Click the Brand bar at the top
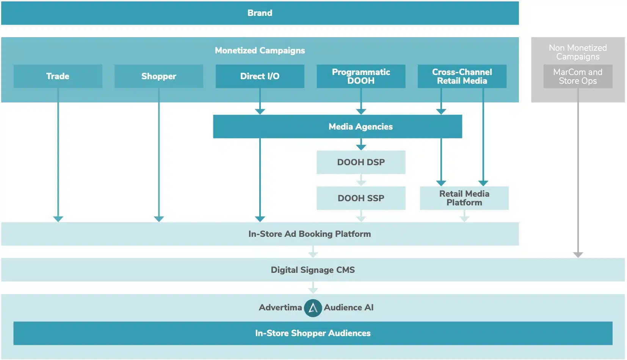click(260, 13)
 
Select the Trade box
click(58, 76)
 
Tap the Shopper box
click(158, 76)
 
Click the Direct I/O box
click(260, 76)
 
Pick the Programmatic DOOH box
click(361, 76)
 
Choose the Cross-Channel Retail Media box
click(462, 76)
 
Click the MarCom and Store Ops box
click(577, 76)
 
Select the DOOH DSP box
click(361, 162)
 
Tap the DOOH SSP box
click(361, 198)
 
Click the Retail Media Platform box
click(464, 198)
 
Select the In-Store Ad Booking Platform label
click(309, 234)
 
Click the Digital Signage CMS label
click(313, 270)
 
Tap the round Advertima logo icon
click(313, 308)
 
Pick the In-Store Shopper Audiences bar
click(313, 333)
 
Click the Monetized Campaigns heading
click(260, 50)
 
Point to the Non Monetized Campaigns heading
click(577, 52)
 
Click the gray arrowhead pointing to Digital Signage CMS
click(578, 255)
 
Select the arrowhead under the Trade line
click(58, 219)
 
